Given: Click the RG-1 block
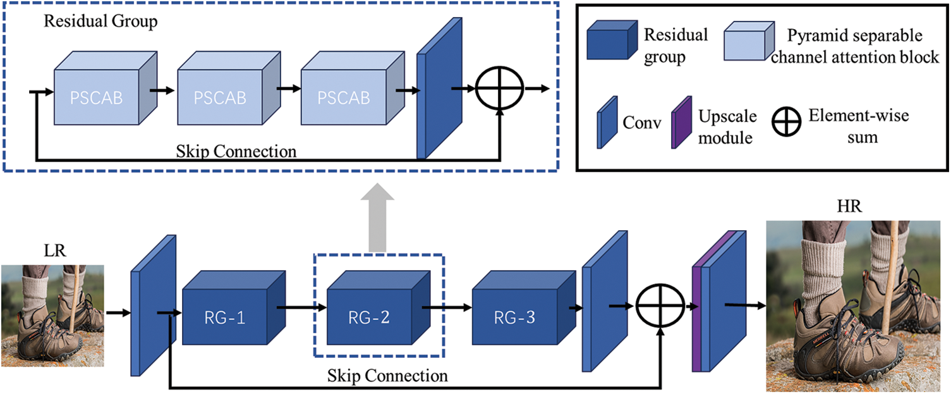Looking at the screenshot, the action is pyautogui.click(x=234, y=308).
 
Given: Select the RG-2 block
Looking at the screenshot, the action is pyautogui.click(x=379, y=308).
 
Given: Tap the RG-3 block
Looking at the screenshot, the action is pyautogui.click(x=524, y=308).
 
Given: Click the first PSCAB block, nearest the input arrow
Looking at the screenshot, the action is pyautogui.click(x=106, y=88).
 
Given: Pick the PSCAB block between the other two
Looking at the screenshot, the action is pyautogui.click(x=229, y=88).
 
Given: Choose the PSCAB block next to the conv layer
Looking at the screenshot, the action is pyautogui.click(x=353, y=88).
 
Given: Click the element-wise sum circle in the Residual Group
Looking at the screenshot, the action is pyautogui.click(x=499, y=89).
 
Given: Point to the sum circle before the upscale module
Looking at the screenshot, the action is pyautogui.click(x=660, y=305).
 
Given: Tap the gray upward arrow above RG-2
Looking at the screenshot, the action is pyautogui.click(x=377, y=218).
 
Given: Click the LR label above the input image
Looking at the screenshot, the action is pyautogui.click(x=55, y=250).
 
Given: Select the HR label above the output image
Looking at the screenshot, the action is pyautogui.click(x=849, y=206).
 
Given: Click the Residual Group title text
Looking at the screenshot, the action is pyautogui.click(x=100, y=22).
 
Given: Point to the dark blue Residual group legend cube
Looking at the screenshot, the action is pyautogui.click(x=612, y=40).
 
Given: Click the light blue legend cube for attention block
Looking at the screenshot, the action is pyautogui.click(x=749, y=41).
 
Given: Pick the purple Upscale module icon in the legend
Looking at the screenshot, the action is pyautogui.click(x=681, y=123).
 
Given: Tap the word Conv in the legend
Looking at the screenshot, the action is pyautogui.click(x=642, y=123).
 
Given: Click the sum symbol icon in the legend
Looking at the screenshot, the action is pyautogui.click(x=786, y=121).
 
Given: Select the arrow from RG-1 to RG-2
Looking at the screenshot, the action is pyautogui.click(x=302, y=307).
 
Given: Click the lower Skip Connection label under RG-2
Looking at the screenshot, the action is pyautogui.click(x=387, y=376).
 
